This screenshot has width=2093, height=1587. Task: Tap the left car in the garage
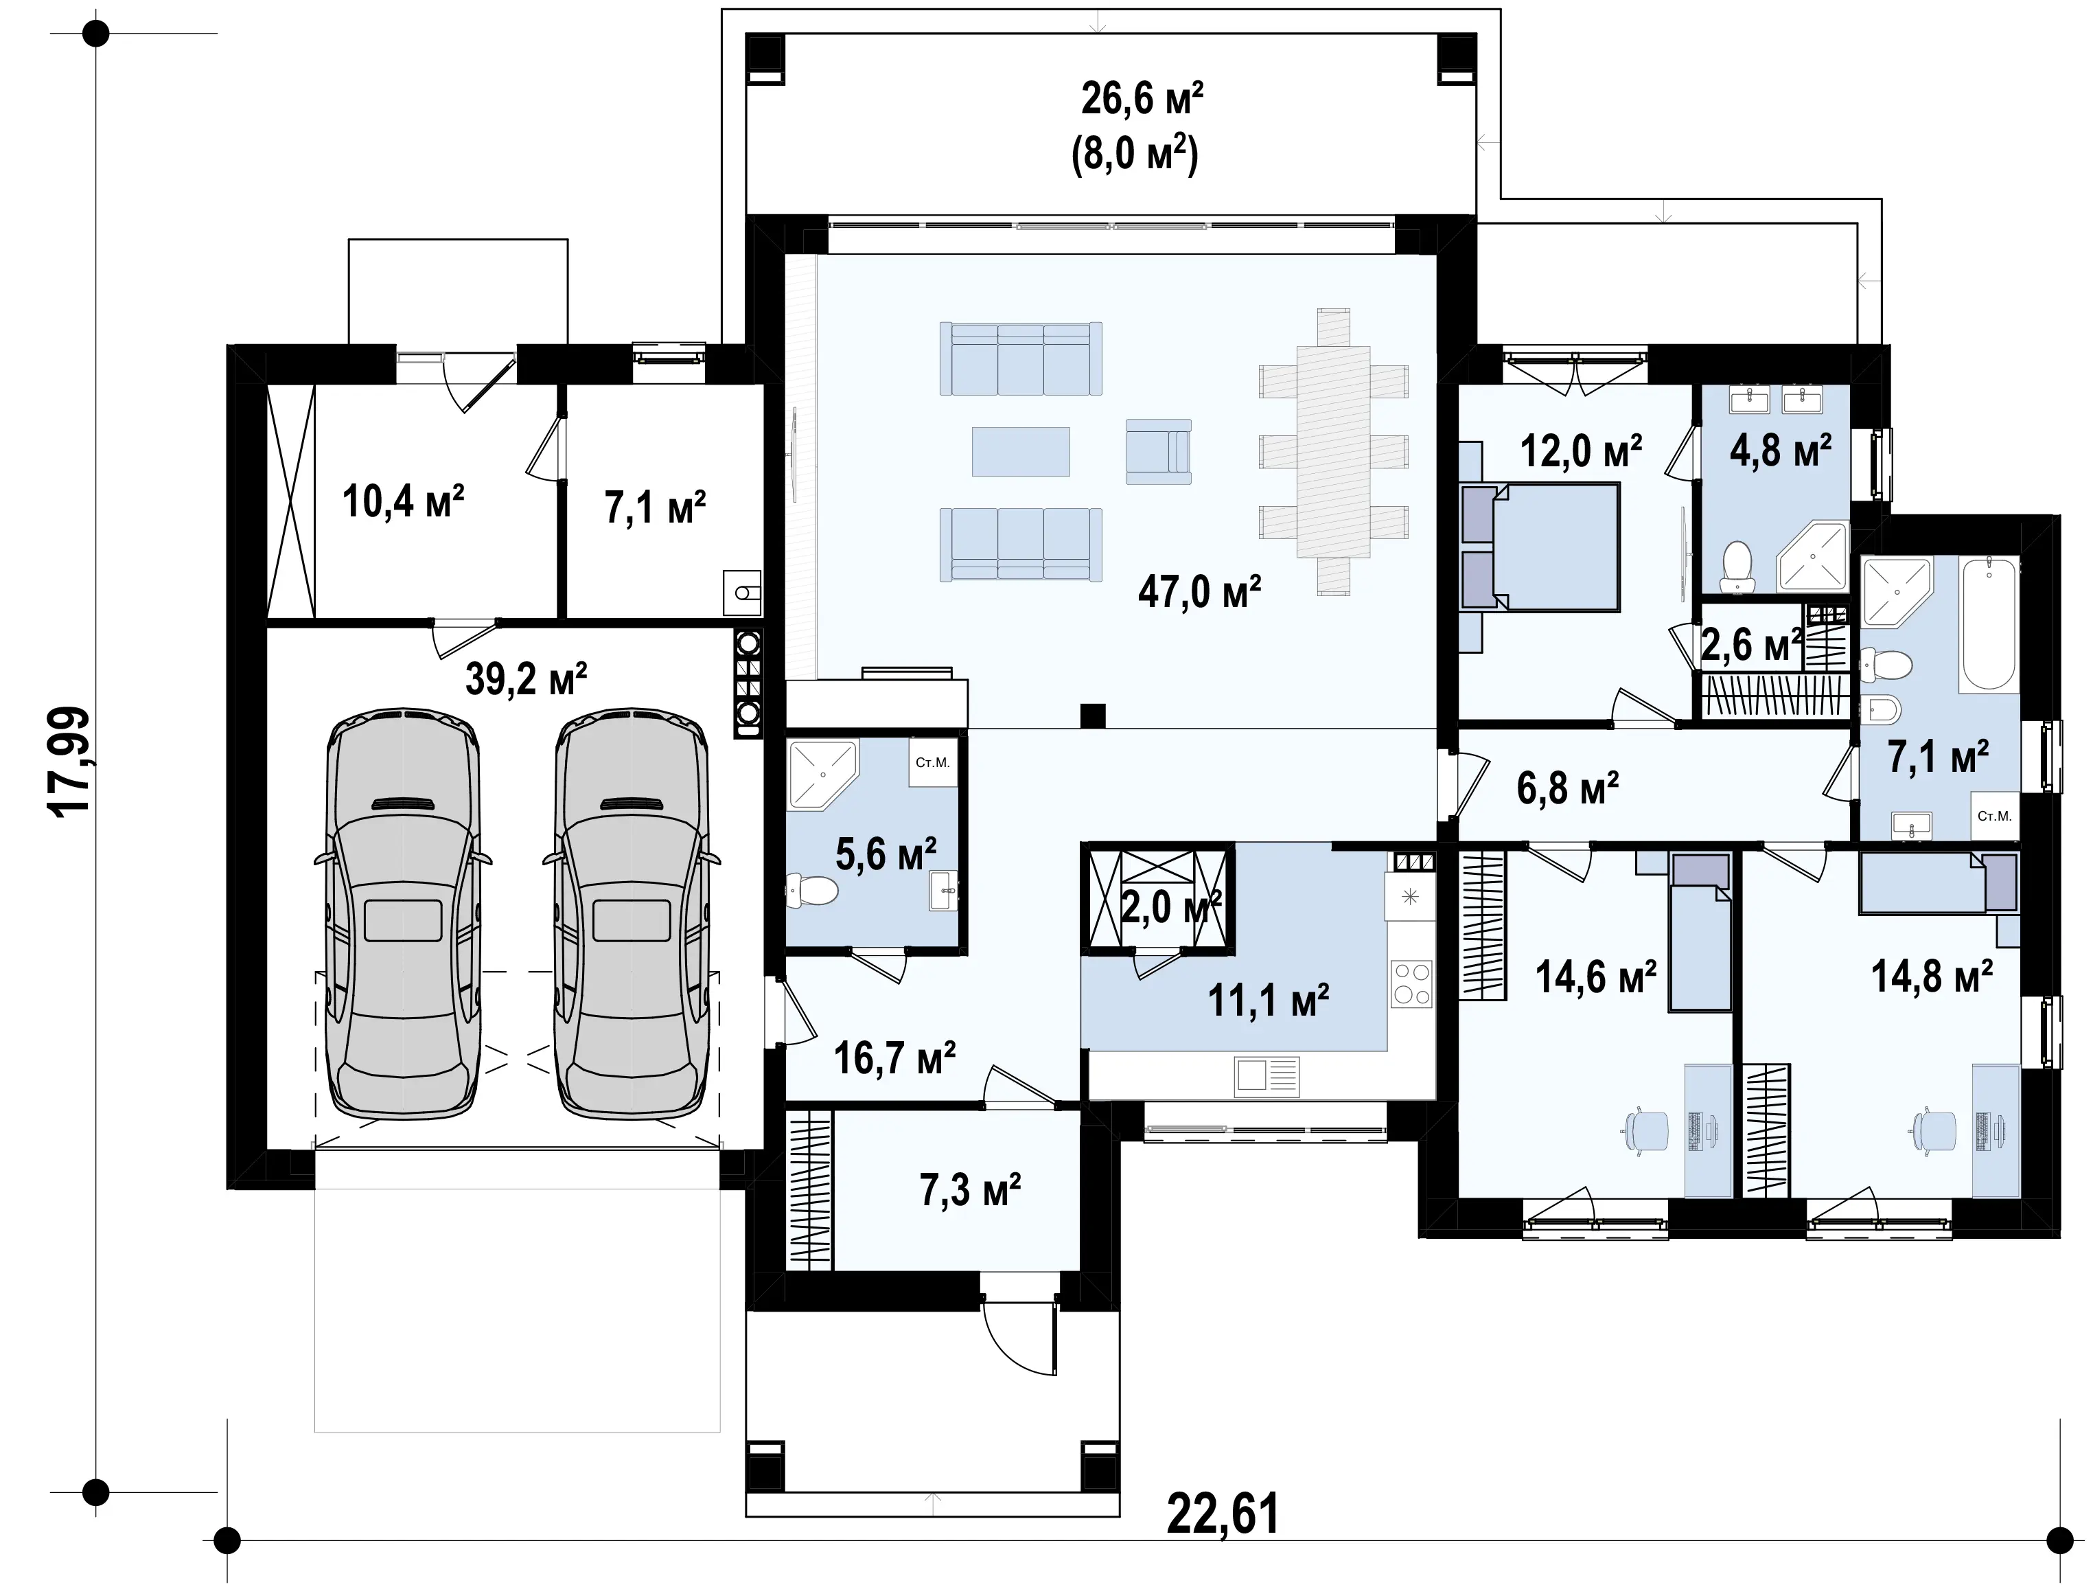pos(403,915)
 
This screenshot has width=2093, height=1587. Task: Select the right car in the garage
pos(631,915)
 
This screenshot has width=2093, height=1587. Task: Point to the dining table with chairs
pos(1333,451)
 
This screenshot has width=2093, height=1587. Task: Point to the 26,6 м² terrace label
pos(1142,98)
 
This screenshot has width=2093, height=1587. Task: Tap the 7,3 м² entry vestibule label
pos(970,1189)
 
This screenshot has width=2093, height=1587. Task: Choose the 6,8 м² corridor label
pos(1568,788)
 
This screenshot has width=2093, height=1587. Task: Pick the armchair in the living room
pos(1158,451)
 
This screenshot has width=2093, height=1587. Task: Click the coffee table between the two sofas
pos(1021,451)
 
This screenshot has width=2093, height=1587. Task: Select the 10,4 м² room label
pos(403,501)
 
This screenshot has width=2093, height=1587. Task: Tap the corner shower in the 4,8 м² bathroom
pos(1813,558)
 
